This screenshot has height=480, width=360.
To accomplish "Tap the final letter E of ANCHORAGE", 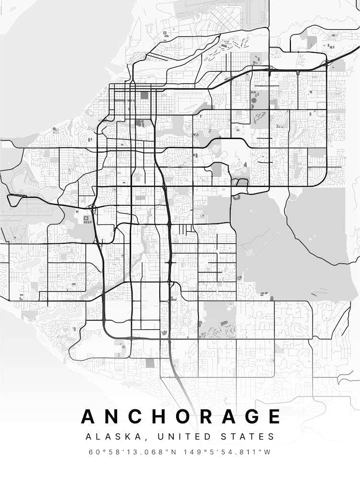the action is pos(274,416).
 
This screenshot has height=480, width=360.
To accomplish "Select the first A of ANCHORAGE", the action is pos(89,416).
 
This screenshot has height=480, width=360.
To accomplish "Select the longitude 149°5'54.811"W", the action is pos(228,452).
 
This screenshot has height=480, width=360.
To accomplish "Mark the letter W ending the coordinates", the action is pos(268,452).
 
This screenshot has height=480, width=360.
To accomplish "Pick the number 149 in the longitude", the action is pos(192,452).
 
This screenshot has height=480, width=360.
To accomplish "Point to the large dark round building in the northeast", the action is pos(253,102).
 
